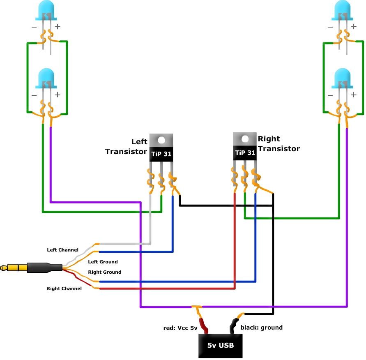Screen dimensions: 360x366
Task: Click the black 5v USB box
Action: (x=221, y=345)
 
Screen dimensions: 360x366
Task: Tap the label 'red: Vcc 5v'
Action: (x=181, y=328)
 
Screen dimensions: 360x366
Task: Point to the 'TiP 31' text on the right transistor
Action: (x=245, y=153)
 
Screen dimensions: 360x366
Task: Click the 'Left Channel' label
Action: (x=62, y=250)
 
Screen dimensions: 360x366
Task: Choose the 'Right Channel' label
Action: (x=64, y=288)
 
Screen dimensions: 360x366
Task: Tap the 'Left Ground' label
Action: (x=103, y=262)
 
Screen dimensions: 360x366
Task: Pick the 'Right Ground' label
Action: (x=105, y=272)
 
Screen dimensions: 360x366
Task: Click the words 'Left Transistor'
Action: (x=126, y=147)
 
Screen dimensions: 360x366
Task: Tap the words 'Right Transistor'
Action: (x=279, y=144)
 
